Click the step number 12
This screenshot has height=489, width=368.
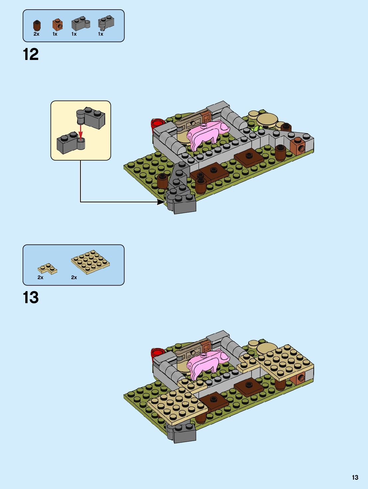(x=31, y=54)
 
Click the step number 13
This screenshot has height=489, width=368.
(x=31, y=298)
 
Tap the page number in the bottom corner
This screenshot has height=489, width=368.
(x=355, y=477)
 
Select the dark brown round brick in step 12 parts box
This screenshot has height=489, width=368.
(x=37, y=25)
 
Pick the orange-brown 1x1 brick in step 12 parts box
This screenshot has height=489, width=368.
(x=58, y=25)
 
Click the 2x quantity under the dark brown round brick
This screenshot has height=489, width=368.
(x=36, y=34)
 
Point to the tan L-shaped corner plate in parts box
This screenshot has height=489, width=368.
(x=47, y=269)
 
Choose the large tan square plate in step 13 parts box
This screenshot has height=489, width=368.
(x=90, y=262)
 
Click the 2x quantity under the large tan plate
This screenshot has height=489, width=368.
(x=74, y=277)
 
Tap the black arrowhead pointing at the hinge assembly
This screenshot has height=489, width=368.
(x=161, y=202)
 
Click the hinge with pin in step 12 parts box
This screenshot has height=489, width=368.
(x=106, y=23)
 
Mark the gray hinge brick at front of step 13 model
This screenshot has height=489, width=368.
(x=181, y=433)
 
